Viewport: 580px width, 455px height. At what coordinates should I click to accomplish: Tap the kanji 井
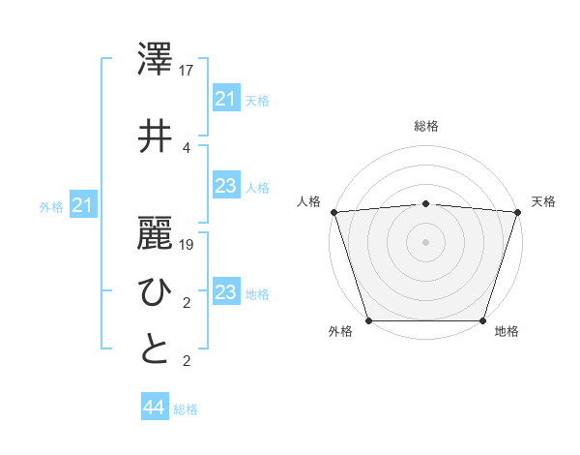[x=156, y=136]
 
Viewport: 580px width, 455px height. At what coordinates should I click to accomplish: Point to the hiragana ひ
[x=156, y=290]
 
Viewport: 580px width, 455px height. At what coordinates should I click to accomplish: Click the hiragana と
[x=156, y=349]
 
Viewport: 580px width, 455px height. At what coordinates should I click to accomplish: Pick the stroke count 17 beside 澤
[x=187, y=70]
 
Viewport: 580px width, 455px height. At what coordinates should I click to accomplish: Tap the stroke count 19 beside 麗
[x=187, y=245]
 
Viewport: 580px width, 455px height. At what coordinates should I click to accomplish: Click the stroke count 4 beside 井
[x=186, y=147]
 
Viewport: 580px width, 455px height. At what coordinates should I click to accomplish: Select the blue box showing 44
[x=154, y=408]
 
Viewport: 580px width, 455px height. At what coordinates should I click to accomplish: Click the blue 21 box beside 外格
[x=83, y=205]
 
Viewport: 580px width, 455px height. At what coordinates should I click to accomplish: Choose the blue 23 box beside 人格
[x=225, y=187]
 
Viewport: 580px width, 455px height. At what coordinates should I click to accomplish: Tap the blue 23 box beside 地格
[x=225, y=292]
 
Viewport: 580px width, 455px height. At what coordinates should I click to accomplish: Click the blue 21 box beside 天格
[x=225, y=99]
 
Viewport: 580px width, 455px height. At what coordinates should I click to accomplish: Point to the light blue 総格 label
[x=186, y=409]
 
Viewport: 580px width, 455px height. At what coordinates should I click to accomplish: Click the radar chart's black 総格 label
[x=425, y=126]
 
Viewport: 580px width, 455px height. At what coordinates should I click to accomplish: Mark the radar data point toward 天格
[x=517, y=212]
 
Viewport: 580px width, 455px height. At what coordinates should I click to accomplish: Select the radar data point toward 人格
[x=333, y=212]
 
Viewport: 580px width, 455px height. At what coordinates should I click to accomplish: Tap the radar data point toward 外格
[x=369, y=320]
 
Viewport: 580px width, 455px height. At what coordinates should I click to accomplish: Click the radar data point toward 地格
[x=482, y=320]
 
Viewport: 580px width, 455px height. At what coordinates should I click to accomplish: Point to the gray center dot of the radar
[x=425, y=241]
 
